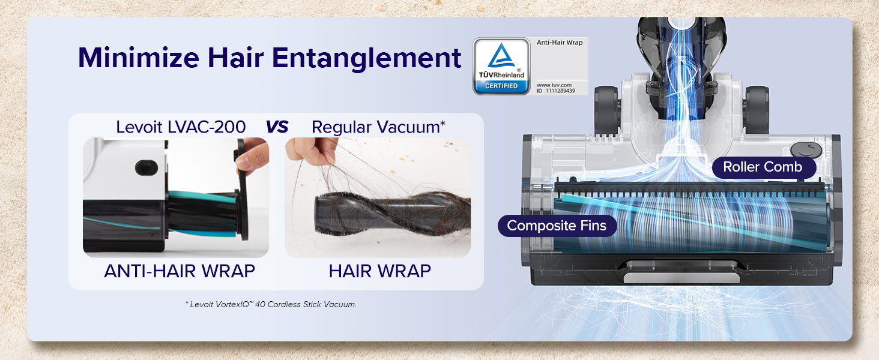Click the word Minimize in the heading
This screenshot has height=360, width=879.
tap(139, 58)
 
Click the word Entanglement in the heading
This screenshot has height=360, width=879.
tap(366, 58)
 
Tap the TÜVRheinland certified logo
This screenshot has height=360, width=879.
tap(501, 66)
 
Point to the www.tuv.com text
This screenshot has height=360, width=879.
tap(554, 85)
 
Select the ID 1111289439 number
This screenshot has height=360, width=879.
tap(555, 91)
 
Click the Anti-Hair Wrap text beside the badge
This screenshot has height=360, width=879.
tap(560, 43)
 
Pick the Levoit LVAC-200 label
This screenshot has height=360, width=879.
tap(181, 127)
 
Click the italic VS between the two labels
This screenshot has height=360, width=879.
tap(277, 127)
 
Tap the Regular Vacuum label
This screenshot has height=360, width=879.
tap(378, 127)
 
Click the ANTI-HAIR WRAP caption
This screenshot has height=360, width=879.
tap(180, 271)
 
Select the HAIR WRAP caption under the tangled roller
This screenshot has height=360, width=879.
tap(380, 271)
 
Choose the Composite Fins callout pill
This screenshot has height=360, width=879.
tap(557, 226)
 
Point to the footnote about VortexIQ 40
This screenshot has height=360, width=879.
tap(271, 304)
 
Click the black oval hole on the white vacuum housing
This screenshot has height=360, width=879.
tap(146, 168)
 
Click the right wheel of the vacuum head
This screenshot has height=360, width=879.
tap(757, 110)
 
